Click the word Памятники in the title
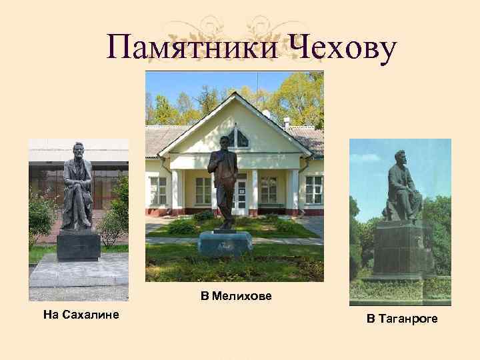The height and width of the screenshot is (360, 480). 194,47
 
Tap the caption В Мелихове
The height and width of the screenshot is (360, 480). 236,296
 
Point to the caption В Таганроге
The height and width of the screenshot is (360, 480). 401,319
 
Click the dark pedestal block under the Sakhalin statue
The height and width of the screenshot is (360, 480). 78,245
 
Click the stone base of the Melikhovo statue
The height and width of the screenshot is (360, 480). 225,243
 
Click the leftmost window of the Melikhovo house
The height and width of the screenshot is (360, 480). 159,191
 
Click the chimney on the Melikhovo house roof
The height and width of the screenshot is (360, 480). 286,123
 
